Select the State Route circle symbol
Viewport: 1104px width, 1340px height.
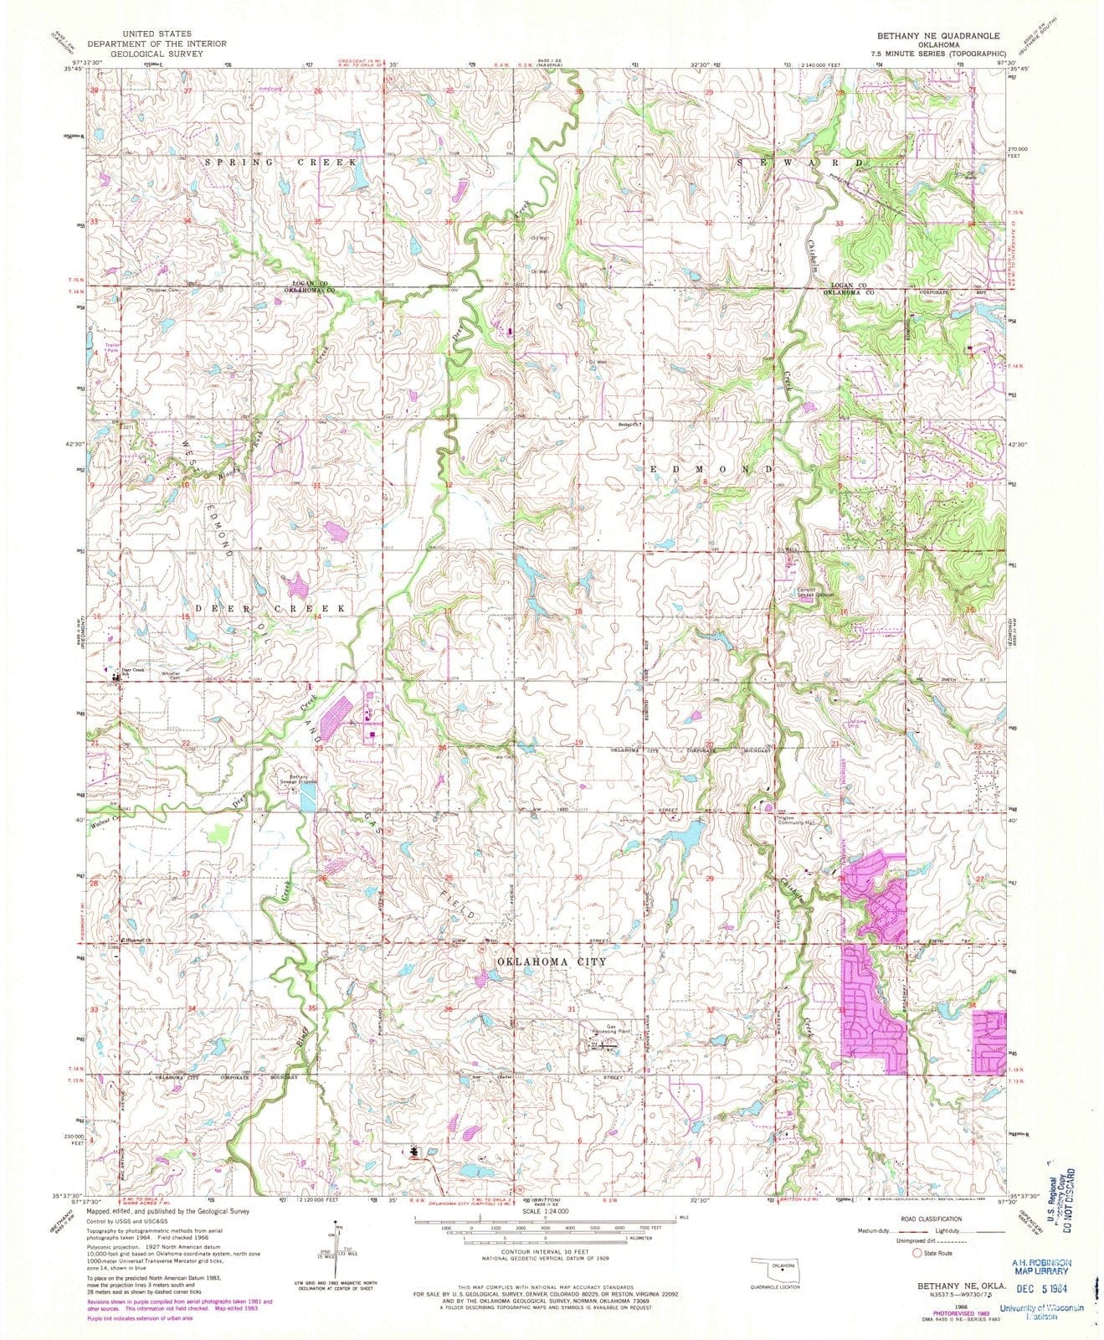click(918, 1276)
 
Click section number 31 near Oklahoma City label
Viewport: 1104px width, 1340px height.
click(573, 1010)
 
